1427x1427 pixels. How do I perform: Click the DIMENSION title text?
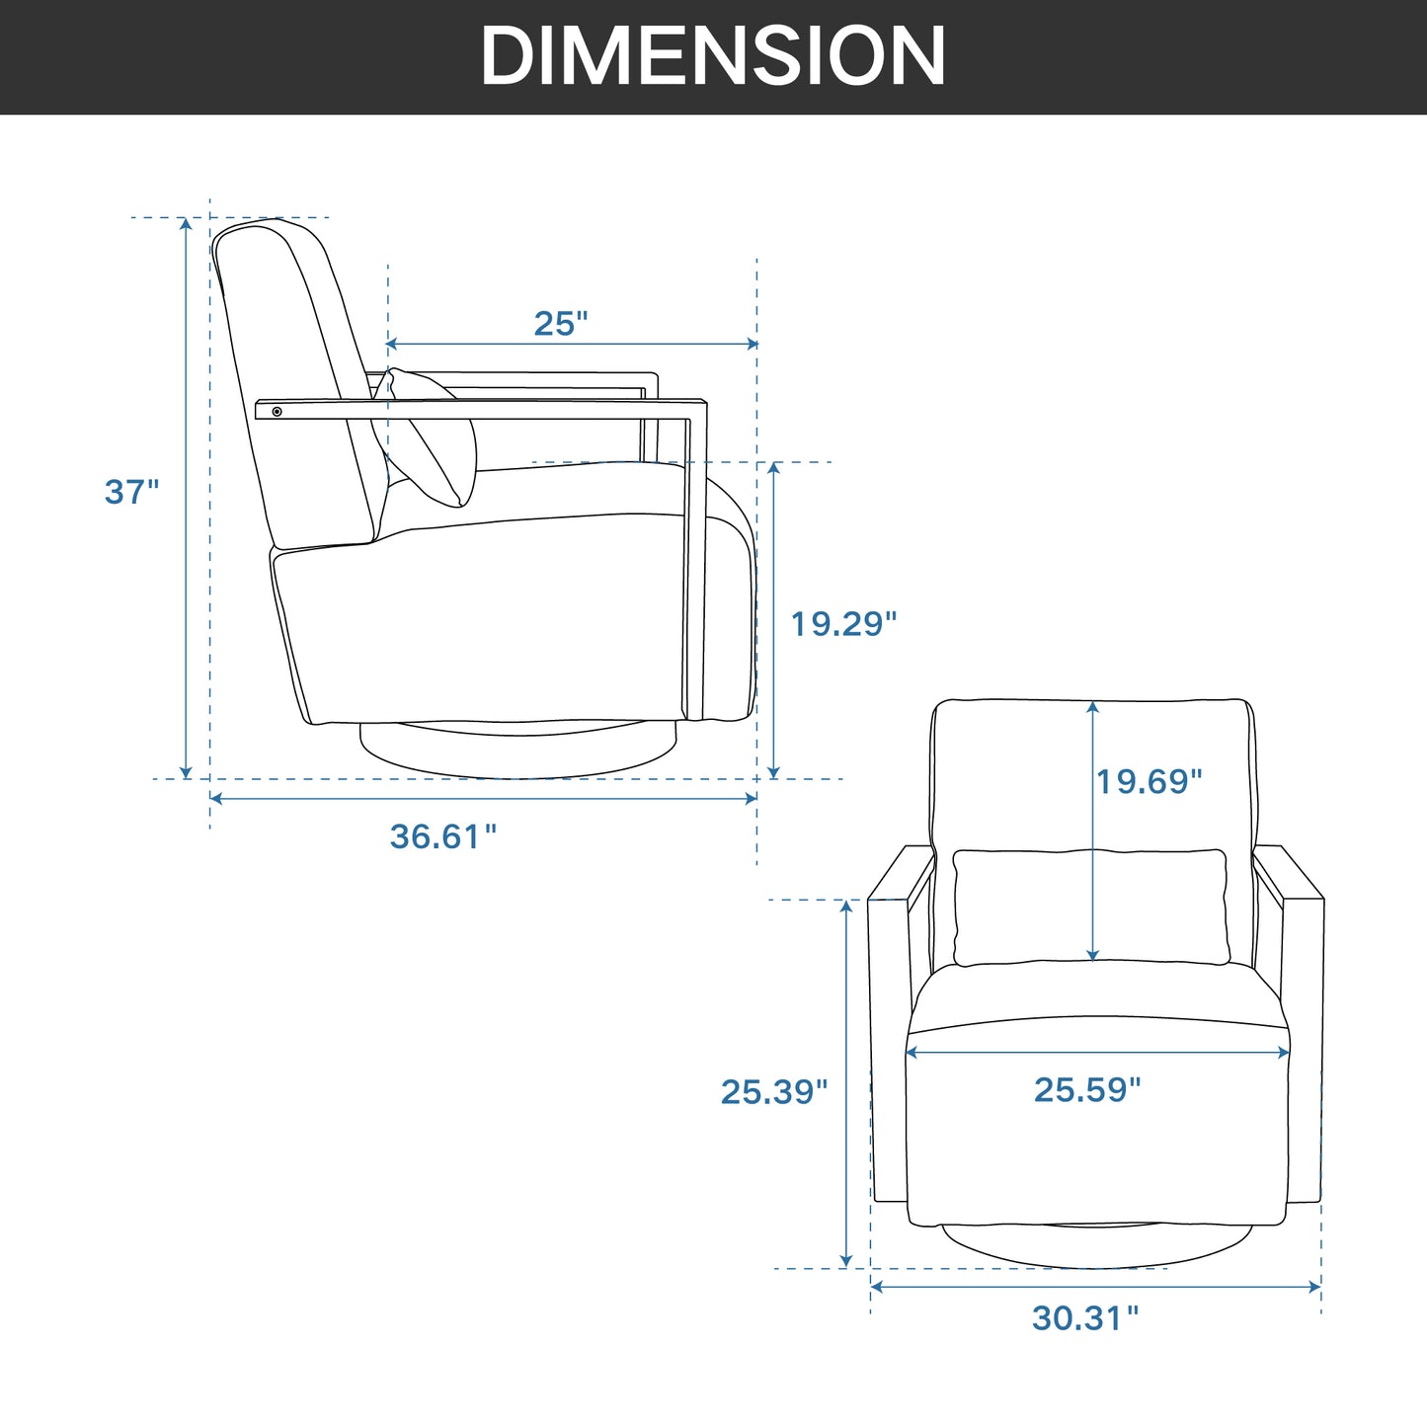(x=712, y=56)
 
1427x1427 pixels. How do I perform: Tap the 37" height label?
(x=131, y=492)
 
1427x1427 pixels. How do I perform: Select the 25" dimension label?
(x=561, y=324)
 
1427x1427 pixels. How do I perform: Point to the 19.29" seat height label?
(x=843, y=623)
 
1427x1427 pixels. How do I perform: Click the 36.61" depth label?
(x=442, y=836)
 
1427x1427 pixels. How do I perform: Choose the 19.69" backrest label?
(x=1149, y=781)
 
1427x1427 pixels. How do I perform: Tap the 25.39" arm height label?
(x=774, y=1091)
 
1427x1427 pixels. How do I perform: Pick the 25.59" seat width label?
(x=1087, y=1089)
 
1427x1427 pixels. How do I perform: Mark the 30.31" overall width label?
(x=1085, y=1318)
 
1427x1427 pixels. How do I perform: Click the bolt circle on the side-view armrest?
(x=277, y=412)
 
